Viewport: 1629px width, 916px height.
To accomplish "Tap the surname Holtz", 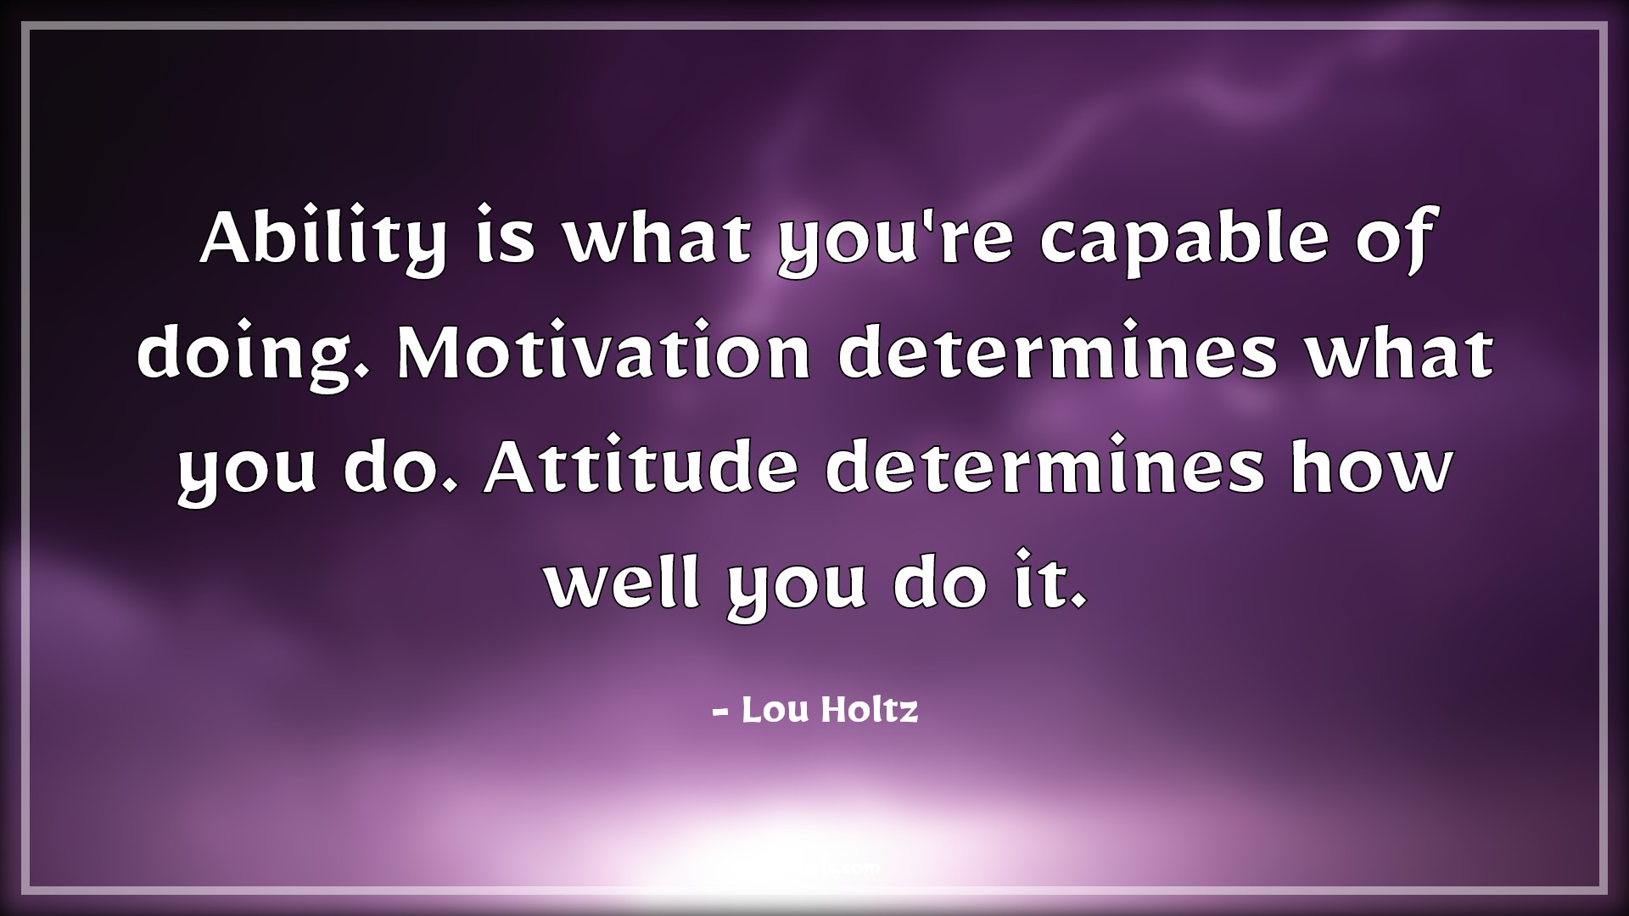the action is coord(870,710).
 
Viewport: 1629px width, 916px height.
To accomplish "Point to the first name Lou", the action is coord(775,710).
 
